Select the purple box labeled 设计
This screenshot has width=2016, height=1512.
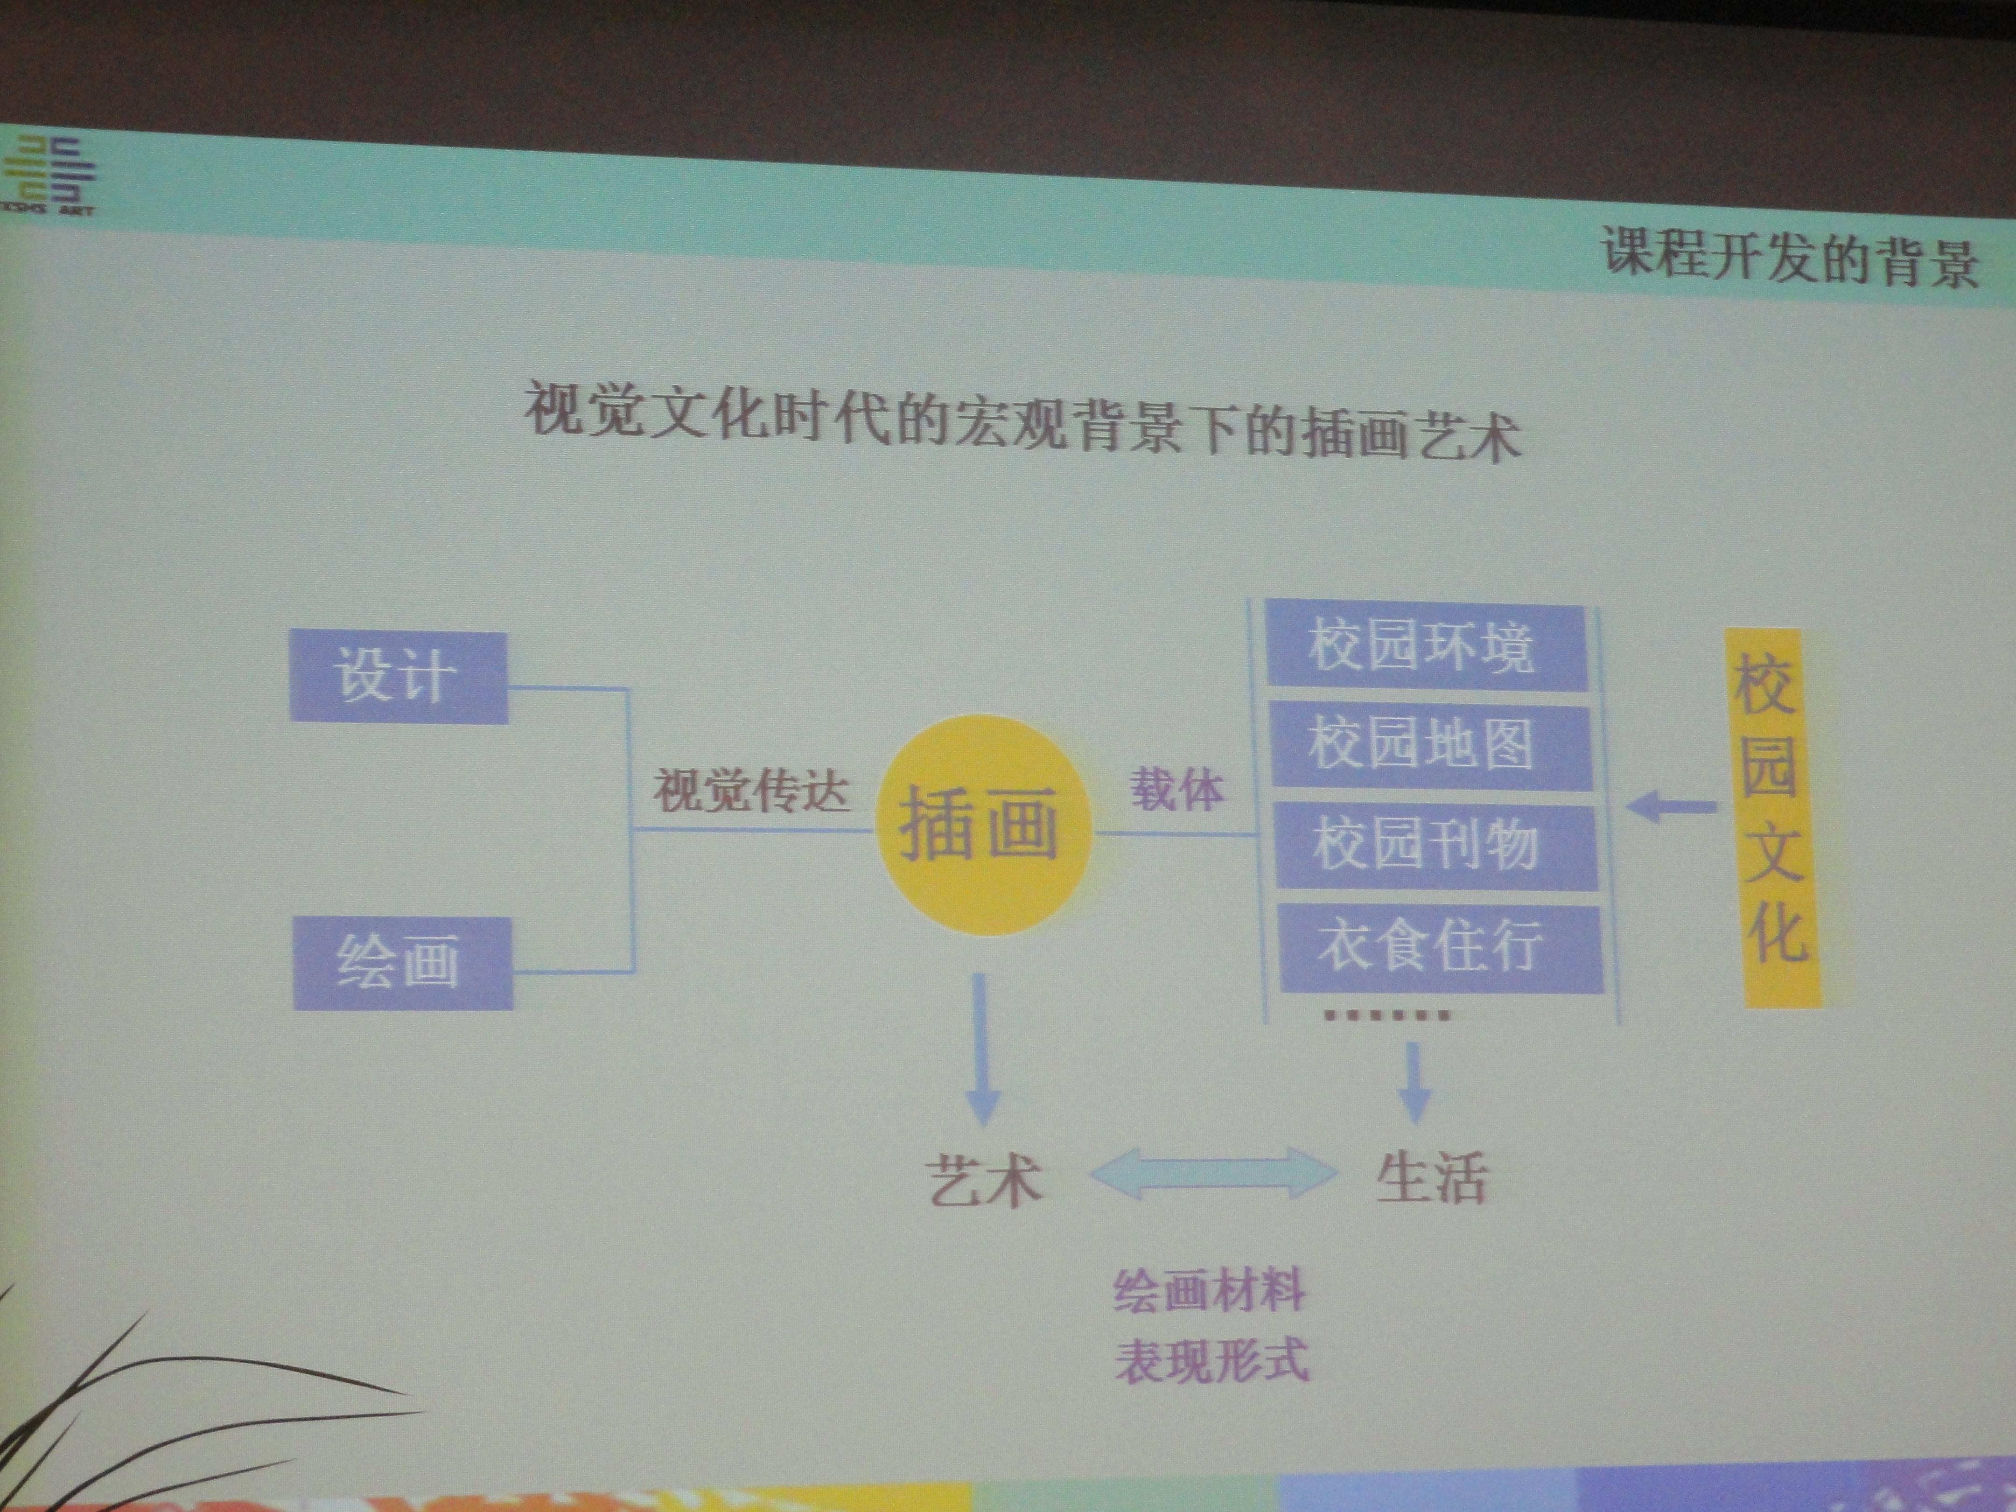click(x=398, y=677)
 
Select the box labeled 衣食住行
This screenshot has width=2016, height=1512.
click(x=1440, y=948)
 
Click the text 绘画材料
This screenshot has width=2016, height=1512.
click(x=1209, y=1291)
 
